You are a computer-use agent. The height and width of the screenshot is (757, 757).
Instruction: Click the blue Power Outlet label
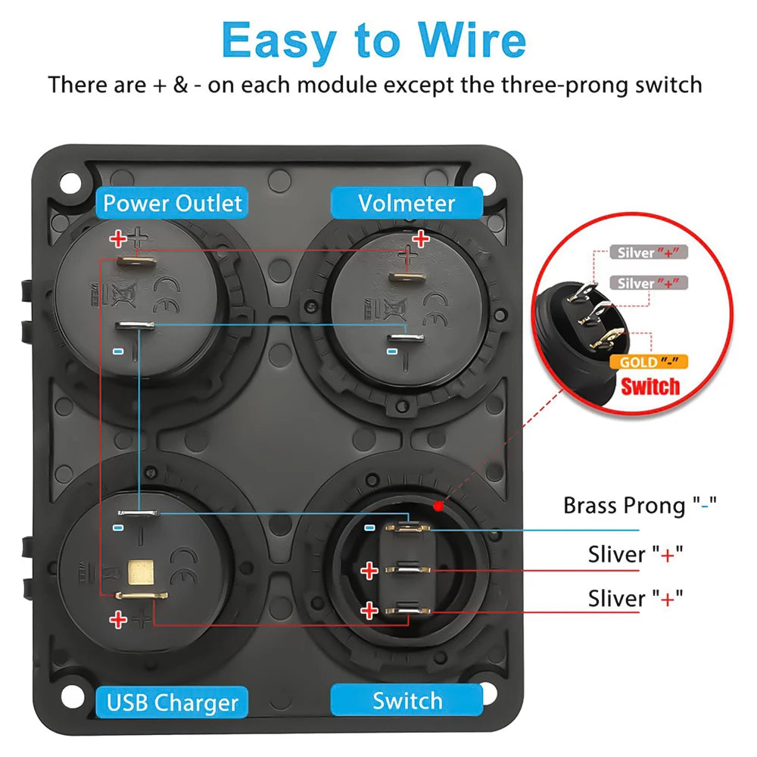coord(172,203)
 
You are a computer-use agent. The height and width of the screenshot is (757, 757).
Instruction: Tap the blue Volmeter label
coord(407,203)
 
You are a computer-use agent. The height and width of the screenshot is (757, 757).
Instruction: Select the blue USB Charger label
coord(172,702)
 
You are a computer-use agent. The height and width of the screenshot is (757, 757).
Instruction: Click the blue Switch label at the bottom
coord(407,700)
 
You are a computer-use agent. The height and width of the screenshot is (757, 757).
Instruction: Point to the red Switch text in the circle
coord(650,387)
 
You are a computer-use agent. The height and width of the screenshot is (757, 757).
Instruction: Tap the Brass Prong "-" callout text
coord(640,506)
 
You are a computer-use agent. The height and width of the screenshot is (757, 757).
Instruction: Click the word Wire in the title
coord(472,41)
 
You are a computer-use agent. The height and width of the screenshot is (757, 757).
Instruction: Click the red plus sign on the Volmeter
coord(420,238)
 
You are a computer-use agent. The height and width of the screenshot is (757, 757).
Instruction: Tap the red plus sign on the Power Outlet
coord(118,238)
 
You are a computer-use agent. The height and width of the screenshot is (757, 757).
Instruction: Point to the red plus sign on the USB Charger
coord(118,619)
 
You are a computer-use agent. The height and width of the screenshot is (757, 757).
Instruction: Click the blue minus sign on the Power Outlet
coord(118,351)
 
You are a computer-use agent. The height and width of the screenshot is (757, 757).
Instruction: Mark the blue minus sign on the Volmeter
coord(392,351)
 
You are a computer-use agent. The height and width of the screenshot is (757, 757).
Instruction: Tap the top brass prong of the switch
coord(407,528)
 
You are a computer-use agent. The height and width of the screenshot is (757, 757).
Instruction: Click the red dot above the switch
coord(438,506)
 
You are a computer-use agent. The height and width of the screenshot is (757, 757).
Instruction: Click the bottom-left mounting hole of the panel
coord(73,696)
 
